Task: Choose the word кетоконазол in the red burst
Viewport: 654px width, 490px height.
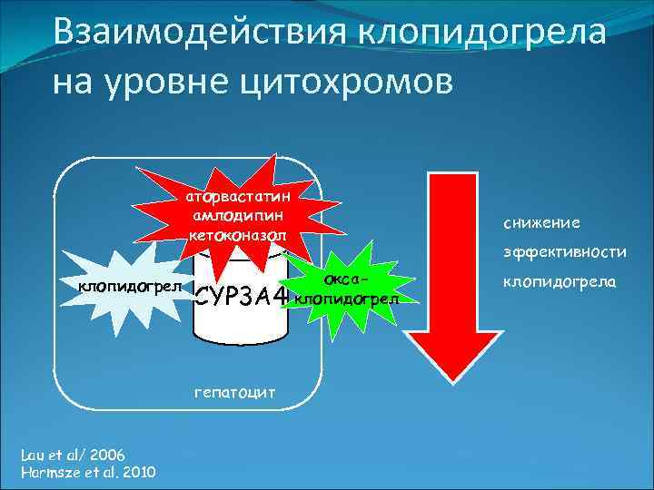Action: (x=237, y=235)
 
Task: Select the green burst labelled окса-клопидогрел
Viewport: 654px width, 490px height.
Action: (x=346, y=288)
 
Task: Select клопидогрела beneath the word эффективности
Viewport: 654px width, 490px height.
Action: (x=559, y=283)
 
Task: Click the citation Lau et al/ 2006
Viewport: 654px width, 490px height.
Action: (x=73, y=455)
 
